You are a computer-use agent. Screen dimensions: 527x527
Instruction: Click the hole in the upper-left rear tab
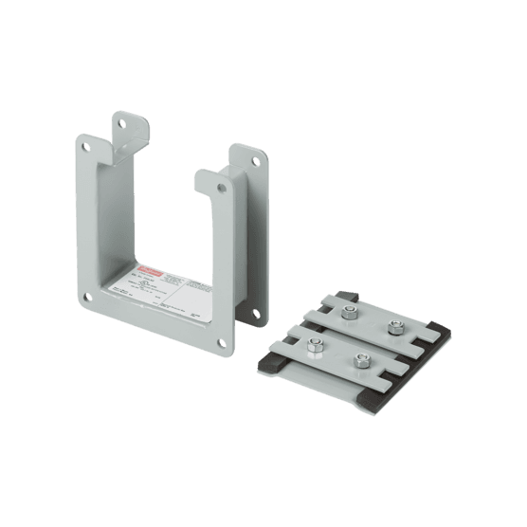tap(120, 121)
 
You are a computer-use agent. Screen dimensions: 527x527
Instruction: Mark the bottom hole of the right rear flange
tap(253, 308)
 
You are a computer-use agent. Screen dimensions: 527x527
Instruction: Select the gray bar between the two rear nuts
tap(371, 321)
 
